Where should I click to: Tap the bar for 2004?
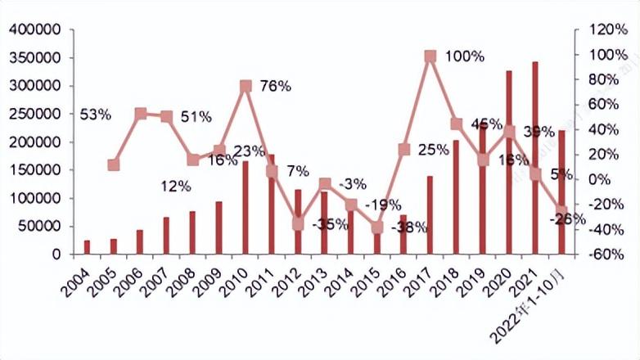tap(88, 247)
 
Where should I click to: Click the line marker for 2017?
tap(430, 56)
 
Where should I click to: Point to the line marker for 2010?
tap(246, 86)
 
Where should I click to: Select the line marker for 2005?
tap(114, 164)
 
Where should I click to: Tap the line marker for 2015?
tap(377, 227)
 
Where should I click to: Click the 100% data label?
tap(465, 56)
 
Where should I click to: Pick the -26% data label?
tap(567, 219)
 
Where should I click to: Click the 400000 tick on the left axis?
tap(36, 30)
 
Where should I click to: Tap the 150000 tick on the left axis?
tap(36, 170)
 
